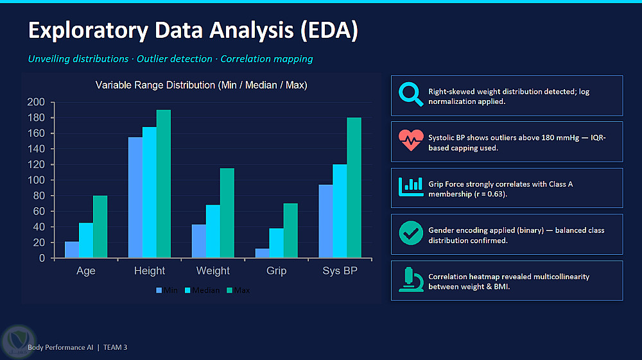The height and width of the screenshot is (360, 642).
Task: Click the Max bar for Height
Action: tap(163, 184)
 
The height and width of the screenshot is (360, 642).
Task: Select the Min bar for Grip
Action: tap(262, 253)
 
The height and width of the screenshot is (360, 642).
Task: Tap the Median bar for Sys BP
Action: tap(340, 211)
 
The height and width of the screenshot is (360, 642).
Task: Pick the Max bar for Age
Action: tap(100, 227)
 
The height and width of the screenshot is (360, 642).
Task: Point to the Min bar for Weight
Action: tap(198, 241)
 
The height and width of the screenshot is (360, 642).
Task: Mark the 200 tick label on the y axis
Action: tap(36, 102)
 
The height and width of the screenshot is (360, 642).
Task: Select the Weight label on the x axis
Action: tap(213, 271)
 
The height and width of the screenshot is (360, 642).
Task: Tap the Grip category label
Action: tap(276, 271)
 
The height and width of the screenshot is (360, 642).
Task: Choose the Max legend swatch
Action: tap(229, 291)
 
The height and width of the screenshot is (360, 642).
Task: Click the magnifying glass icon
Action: tap(411, 94)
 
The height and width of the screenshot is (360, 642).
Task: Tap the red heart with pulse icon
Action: tap(411, 141)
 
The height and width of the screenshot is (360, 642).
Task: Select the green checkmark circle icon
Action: tap(411, 233)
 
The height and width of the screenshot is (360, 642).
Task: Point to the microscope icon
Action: tap(411, 279)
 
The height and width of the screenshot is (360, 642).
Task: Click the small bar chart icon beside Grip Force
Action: tap(411, 187)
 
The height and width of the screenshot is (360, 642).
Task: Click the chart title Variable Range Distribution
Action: tap(202, 85)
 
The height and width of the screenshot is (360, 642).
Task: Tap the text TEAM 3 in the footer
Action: tap(115, 347)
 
